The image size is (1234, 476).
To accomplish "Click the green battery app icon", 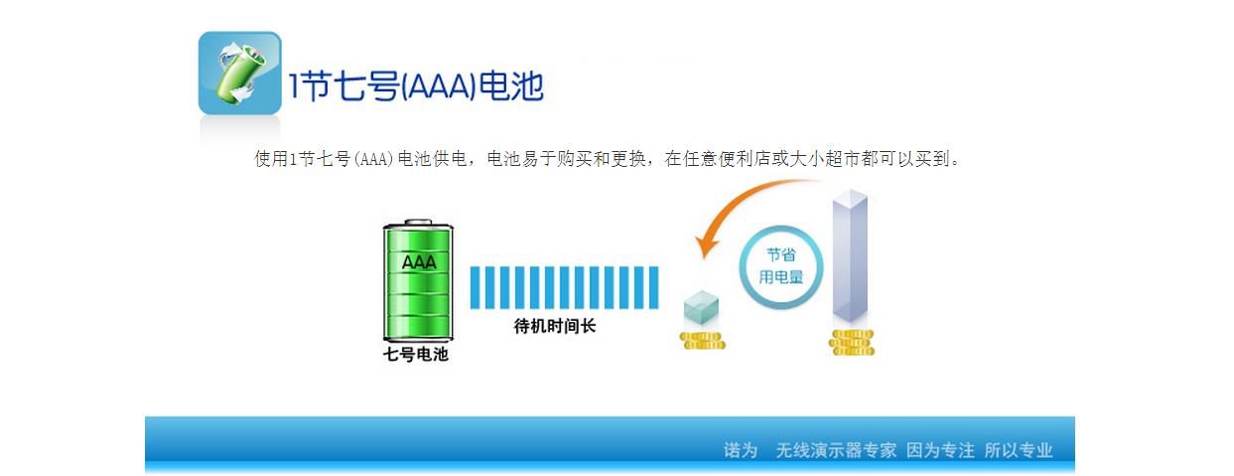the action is [x=239, y=73].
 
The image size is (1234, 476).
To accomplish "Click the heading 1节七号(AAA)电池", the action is [x=417, y=86].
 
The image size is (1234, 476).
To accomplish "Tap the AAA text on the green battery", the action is [x=419, y=262].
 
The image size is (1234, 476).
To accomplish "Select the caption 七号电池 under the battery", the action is [x=416, y=354].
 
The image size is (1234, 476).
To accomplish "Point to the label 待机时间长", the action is [x=555, y=326].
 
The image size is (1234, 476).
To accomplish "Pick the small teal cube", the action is [x=701, y=307].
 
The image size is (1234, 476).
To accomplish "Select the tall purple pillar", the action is [x=850, y=255].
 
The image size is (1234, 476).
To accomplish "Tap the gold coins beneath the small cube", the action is [x=703, y=340].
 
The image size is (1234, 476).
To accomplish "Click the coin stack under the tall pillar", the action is [x=852, y=342].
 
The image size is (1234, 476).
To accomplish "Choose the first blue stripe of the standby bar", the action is [x=475, y=287].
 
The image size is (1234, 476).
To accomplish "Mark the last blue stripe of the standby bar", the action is [x=654, y=287].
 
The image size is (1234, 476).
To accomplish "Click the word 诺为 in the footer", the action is [x=741, y=450].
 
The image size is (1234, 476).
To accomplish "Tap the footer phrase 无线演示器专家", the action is [x=836, y=450].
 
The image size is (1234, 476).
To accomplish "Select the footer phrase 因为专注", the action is [x=940, y=450].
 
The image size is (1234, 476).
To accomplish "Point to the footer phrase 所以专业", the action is [x=1019, y=450].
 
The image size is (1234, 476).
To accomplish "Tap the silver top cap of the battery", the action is [x=418, y=223].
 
